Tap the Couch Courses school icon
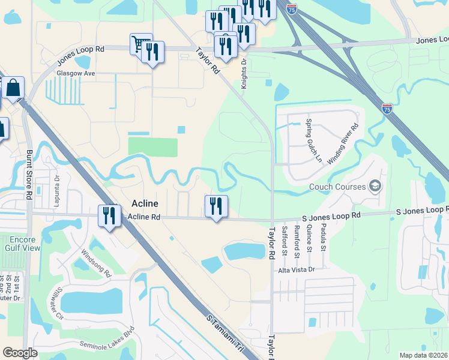click(376, 186)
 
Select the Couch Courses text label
click(337, 187)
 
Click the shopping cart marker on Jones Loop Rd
click(140, 44)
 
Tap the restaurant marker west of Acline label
click(109, 215)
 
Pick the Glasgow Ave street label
click(76, 73)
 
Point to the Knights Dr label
click(245, 73)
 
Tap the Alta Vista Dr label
click(296, 271)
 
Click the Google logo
click(20, 353)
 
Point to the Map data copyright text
click(423, 355)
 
